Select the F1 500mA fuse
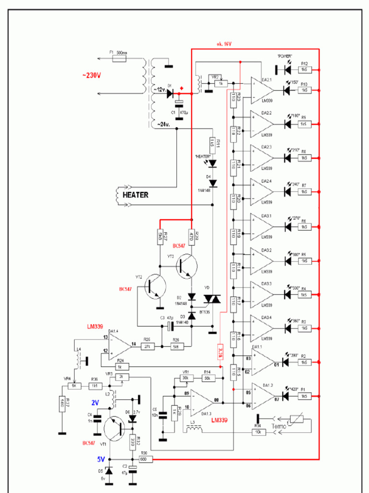click(119, 59)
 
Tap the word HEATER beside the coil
click(135, 195)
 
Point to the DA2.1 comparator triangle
click(261, 90)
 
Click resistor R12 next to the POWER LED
click(304, 70)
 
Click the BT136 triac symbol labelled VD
click(212, 299)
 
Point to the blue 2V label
click(95, 402)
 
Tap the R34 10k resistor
click(258, 432)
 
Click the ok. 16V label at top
click(223, 44)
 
